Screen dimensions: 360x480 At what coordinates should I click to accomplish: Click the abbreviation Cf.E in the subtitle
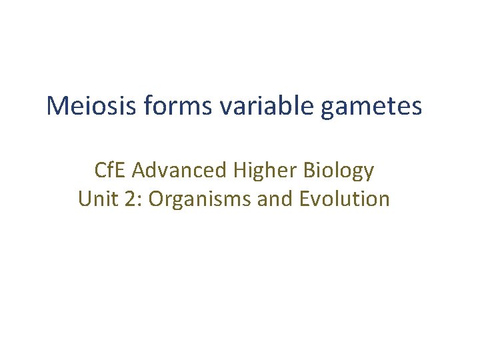pos(110,171)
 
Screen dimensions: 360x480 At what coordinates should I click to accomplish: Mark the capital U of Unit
pos(85,199)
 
